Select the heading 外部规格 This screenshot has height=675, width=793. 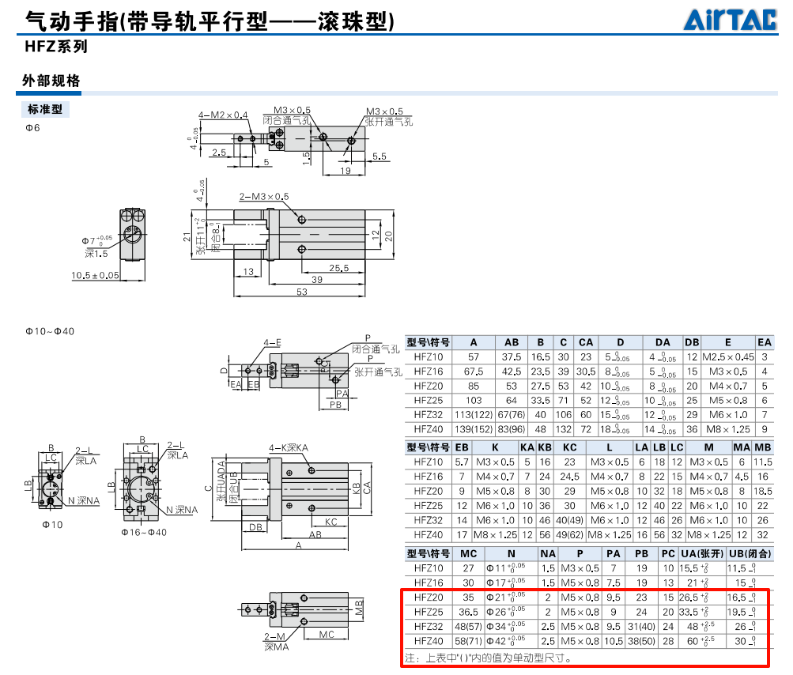point(51,81)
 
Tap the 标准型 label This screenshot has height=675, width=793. point(45,109)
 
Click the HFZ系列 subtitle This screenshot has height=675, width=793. point(55,47)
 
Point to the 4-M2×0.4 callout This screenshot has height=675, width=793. point(223,115)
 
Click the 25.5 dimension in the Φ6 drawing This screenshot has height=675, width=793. point(338,268)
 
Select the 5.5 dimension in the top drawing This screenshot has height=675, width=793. point(379,156)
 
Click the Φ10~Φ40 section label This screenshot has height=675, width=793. point(49,331)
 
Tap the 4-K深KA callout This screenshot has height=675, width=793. point(288,448)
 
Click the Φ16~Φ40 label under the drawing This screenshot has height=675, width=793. point(143,532)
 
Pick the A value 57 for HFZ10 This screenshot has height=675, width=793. point(474,357)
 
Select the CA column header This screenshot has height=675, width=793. point(585,342)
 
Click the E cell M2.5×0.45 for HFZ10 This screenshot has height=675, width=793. point(727,357)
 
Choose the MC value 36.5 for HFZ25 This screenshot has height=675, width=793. point(468,612)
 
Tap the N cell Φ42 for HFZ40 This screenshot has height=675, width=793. point(506,641)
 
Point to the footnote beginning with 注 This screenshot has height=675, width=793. point(487,657)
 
